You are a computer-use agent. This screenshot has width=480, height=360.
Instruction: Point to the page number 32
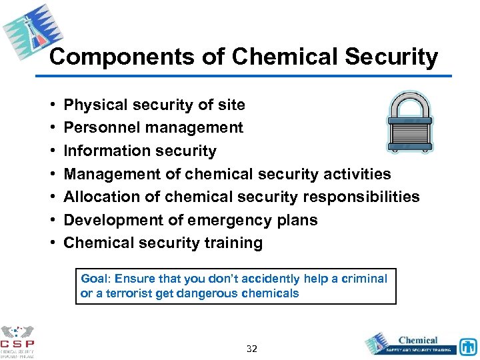point(252,349)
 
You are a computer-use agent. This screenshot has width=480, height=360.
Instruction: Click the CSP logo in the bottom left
point(17,341)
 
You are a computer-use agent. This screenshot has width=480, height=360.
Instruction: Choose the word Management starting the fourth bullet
point(107,174)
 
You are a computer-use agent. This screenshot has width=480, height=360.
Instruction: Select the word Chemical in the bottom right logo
point(418,339)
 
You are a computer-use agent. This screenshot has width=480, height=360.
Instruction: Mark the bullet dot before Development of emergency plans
point(52,220)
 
